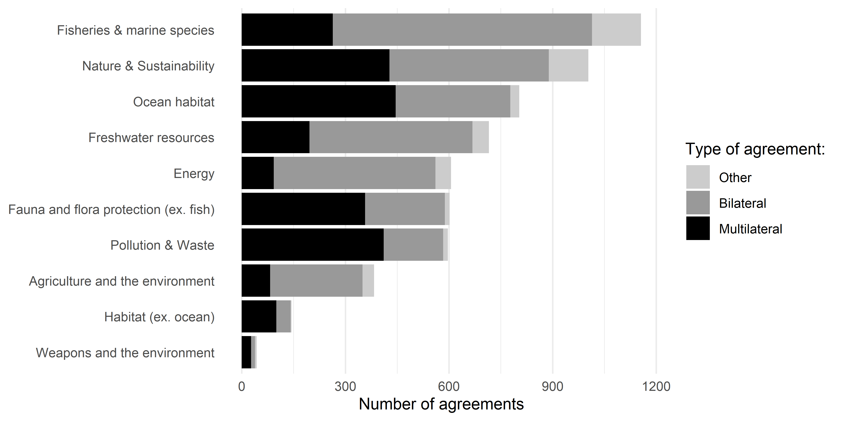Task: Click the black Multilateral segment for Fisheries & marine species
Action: click(287, 30)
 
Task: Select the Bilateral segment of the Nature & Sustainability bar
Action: click(469, 65)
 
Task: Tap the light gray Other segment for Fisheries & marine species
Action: click(616, 30)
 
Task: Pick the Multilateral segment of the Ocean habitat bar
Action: click(318, 101)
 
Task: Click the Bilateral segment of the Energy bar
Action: click(354, 173)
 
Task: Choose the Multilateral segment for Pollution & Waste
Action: click(312, 245)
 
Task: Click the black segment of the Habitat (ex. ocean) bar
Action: click(259, 316)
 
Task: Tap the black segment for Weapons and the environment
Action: click(246, 352)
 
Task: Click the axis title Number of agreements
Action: click(441, 404)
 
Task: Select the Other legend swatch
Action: click(698, 177)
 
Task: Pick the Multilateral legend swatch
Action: click(698, 228)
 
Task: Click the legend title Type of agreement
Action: click(755, 149)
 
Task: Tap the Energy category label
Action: click(194, 173)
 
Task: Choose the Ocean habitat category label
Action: click(174, 102)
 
